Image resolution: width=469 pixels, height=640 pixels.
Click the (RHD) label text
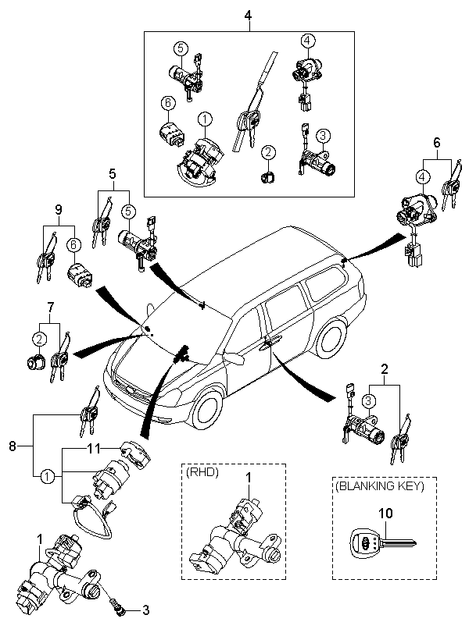click(x=202, y=473)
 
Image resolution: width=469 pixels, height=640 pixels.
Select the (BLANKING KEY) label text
click(x=380, y=486)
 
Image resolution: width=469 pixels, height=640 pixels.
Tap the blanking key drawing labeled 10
click(x=383, y=543)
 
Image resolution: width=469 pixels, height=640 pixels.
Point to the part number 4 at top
click(x=248, y=16)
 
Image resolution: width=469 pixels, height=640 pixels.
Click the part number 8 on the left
click(x=13, y=446)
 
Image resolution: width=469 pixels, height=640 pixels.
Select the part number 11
click(x=93, y=449)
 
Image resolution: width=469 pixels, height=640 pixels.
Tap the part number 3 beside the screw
click(x=145, y=610)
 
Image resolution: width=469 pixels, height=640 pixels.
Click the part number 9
click(x=59, y=210)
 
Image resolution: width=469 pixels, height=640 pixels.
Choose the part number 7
click(x=50, y=307)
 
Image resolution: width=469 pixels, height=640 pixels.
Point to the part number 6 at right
click(x=437, y=143)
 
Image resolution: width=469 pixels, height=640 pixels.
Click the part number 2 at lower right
click(x=385, y=369)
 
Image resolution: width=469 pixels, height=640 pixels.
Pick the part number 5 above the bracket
click(x=113, y=174)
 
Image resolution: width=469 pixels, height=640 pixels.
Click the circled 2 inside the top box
click(x=268, y=153)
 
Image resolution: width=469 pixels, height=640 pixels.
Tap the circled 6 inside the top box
click(x=168, y=104)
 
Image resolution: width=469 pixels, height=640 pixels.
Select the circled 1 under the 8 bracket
click(x=47, y=476)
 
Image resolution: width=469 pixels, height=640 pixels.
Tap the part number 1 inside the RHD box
click(x=248, y=477)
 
